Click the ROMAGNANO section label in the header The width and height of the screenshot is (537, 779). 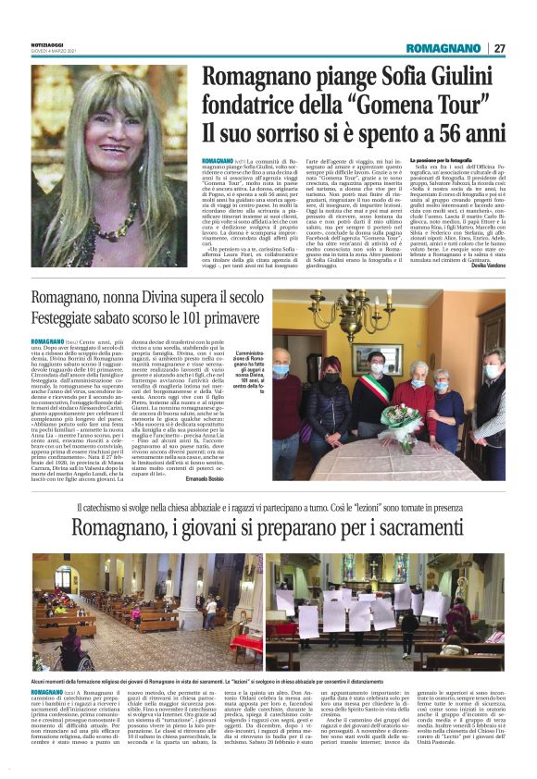tap(442, 48)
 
